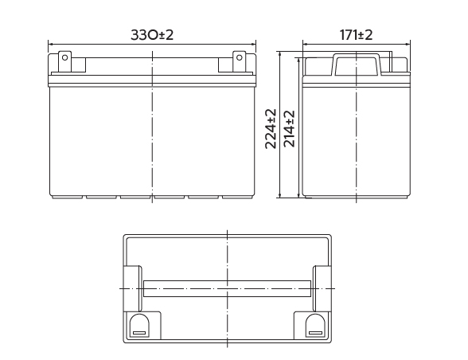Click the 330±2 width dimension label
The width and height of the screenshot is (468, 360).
pos(152,35)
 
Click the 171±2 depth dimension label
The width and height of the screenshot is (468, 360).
pos(356,35)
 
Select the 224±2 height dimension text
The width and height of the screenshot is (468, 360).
pos(271,129)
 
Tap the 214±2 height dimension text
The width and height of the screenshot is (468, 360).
pos(289,129)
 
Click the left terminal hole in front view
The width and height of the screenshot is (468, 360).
pos(64,57)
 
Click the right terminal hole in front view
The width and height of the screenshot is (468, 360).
pos(239,57)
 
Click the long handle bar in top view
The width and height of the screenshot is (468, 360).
pos(227,288)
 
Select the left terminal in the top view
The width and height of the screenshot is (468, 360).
pos(139,326)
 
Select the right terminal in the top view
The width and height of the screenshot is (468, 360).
pos(315,326)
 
